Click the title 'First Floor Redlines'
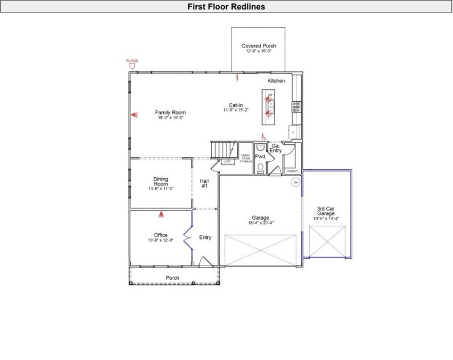(x=226, y=7)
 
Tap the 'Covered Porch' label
(x=258, y=46)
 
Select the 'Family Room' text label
(x=170, y=113)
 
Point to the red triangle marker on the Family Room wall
(x=134, y=115)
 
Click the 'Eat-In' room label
(x=236, y=105)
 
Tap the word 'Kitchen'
(x=276, y=81)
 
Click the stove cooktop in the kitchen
(x=296, y=106)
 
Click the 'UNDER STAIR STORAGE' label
(x=246, y=158)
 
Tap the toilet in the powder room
(x=260, y=167)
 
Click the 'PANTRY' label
(x=292, y=170)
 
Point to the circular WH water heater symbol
(x=295, y=182)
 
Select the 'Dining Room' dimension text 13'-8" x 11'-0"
(x=161, y=188)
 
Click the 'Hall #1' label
(x=205, y=183)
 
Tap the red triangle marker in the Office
(x=161, y=215)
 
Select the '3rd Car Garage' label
(x=326, y=211)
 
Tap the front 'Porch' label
(x=173, y=278)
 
